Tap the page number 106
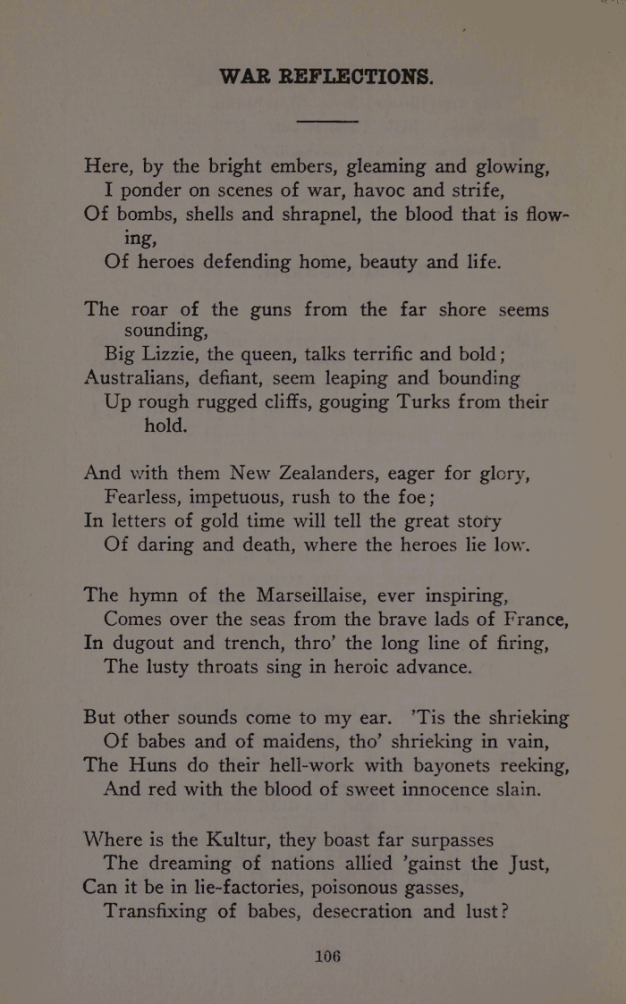[x=328, y=956]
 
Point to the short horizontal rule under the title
[x=327, y=120]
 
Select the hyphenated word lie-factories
[x=246, y=888]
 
